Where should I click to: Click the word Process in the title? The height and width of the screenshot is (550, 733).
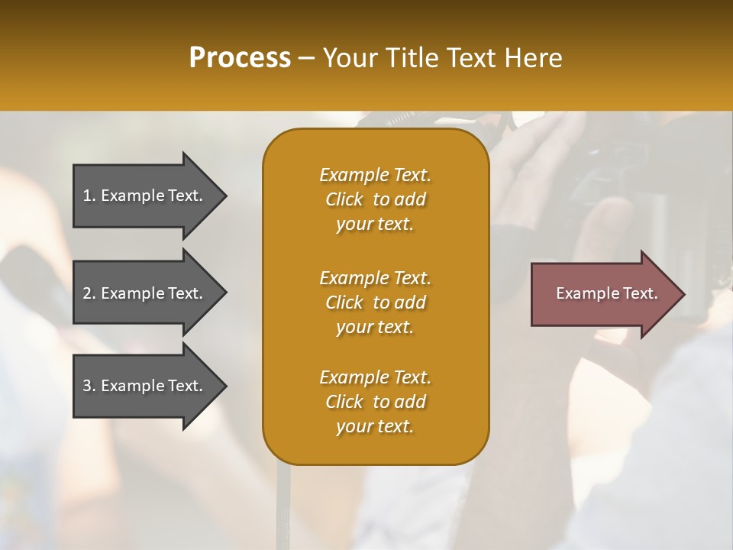point(240,58)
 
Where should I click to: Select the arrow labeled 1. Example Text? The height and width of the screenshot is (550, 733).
point(145,196)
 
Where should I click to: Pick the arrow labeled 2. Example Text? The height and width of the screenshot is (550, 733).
point(145,293)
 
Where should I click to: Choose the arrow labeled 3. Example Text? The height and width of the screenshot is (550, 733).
point(145,386)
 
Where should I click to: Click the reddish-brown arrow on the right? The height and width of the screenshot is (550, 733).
point(603,294)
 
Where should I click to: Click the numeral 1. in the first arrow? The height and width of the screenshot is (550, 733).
point(89,196)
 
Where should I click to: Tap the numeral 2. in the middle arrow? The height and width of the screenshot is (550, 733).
point(89,293)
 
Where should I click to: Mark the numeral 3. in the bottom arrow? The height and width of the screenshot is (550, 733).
point(89,386)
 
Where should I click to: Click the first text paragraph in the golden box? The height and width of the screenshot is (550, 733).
point(375,199)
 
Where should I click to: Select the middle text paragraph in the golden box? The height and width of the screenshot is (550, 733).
point(375,302)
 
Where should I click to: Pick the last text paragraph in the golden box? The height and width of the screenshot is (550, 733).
point(375,402)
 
